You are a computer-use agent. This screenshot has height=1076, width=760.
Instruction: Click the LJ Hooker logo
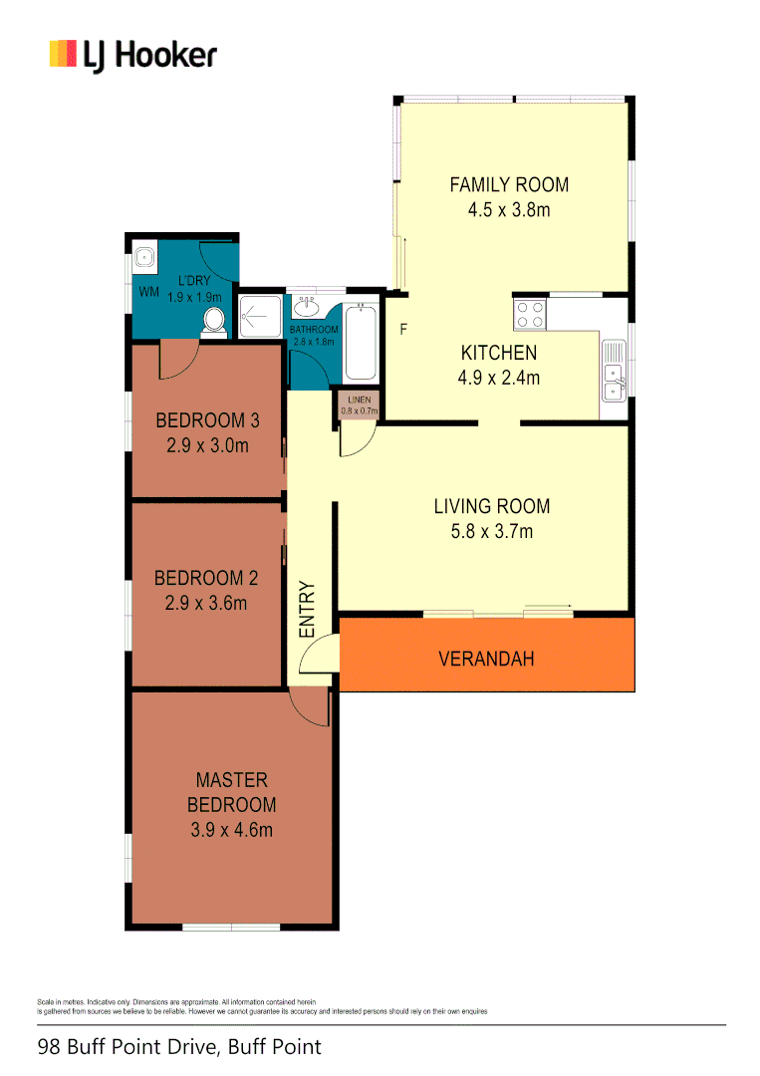pyautogui.click(x=132, y=54)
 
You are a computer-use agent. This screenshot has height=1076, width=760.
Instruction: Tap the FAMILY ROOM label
pyautogui.click(x=509, y=184)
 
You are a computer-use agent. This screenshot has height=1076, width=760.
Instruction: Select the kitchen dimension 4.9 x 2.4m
pyautogui.click(x=499, y=378)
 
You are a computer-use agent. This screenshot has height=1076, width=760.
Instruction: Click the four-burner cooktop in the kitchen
pyautogui.click(x=530, y=315)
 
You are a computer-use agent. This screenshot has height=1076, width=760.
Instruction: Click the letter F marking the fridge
pyautogui.click(x=403, y=330)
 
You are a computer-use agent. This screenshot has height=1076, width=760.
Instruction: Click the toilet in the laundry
pyautogui.click(x=213, y=320)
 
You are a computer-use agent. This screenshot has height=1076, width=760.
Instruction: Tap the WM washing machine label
pyautogui.click(x=148, y=292)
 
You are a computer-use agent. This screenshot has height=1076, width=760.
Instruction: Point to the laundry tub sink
pyautogui.click(x=145, y=255)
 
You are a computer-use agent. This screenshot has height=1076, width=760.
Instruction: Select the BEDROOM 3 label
pyautogui.click(x=201, y=419)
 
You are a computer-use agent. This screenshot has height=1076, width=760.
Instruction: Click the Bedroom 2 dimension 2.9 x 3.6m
pyautogui.click(x=206, y=602)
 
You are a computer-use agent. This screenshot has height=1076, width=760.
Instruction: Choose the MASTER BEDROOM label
pyautogui.click(x=232, y=792)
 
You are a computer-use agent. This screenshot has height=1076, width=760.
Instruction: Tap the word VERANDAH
pyautogui.click(x=487, y=659)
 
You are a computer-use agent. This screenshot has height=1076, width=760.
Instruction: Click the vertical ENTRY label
pyautogui.click(x=307, y=609)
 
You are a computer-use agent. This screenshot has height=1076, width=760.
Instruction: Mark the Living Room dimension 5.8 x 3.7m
pyautogui.click(x=492, y=531)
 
